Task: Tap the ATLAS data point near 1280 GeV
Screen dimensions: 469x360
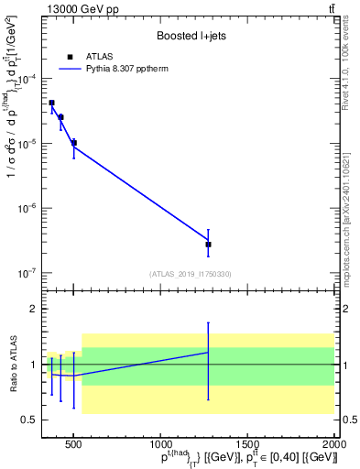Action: click(208, 245)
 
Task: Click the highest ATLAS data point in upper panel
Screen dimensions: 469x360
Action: click(51, 103)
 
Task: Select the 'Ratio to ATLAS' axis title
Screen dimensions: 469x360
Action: click(13, 365)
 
